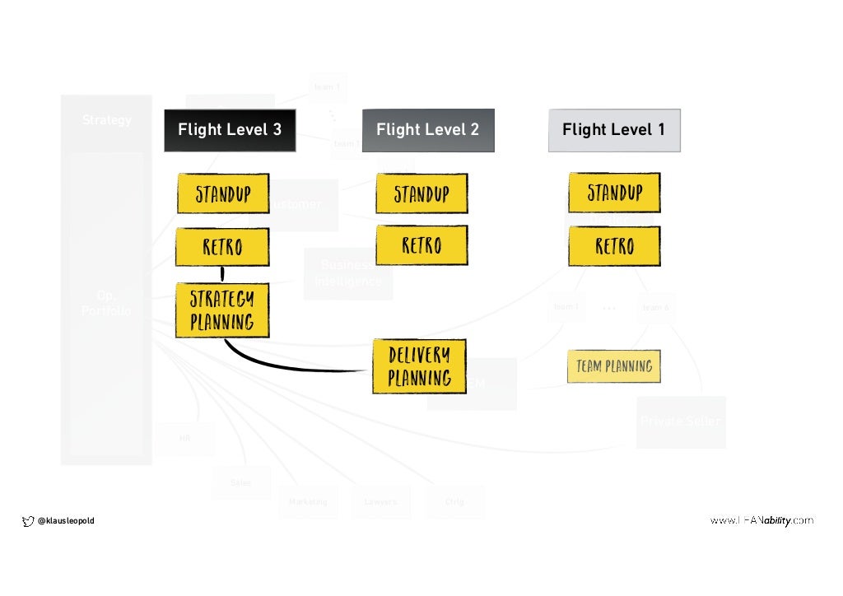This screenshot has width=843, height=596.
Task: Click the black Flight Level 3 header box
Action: coord(230,130)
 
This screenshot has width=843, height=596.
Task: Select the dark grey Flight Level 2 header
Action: coord(428,130)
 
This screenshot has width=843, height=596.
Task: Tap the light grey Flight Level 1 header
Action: coord(614,130)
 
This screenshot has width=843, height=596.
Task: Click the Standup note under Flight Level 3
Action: coord(223,194)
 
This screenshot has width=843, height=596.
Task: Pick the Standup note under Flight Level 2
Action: coord(421,194)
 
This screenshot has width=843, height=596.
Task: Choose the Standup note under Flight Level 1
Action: coord(614,193)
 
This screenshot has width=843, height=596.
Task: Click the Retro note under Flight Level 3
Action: coord(222,246)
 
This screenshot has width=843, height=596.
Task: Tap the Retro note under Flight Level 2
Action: coord(421,245)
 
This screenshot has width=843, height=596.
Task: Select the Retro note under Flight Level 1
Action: coord(614,246)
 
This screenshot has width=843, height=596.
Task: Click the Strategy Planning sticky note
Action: coord(222,310)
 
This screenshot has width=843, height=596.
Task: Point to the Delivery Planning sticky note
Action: coord(419,366)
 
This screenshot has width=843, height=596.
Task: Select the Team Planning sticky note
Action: coord(614,366)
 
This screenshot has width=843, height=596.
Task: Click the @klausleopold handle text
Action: coord(67,520)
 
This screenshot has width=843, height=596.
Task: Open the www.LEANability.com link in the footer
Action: coord(761,520)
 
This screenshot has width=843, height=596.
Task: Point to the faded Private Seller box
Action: coord(681,421)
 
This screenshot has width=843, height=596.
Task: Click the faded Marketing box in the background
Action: coord(308,501)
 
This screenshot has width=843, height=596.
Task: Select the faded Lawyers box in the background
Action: coord(380,501)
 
